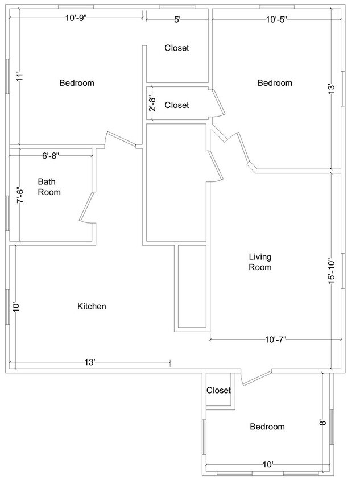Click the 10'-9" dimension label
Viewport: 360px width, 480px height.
[x=76, y=19]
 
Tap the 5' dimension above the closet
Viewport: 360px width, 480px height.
[x=177, y=20]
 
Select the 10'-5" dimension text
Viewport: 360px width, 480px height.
[x=276, y=20]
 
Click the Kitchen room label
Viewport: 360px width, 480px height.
[x=92, y=307]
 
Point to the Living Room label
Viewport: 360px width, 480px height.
[x=260, y=262]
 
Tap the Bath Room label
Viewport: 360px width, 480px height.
[x=49, y=187]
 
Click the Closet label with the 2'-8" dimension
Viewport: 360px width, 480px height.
[x=176, y=105]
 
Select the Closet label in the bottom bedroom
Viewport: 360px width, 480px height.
[x=218, y=390]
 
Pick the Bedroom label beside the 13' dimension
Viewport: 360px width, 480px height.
[x=275, y=83]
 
